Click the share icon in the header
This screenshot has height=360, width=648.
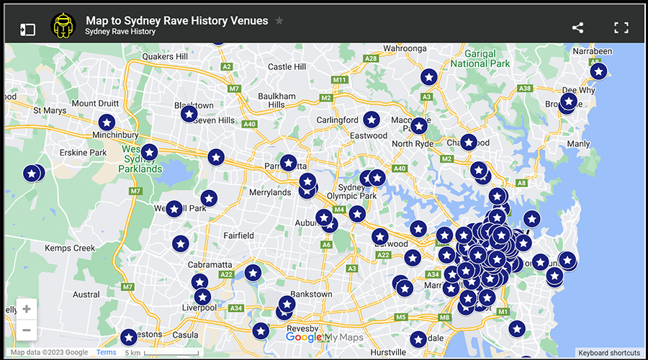(577, 28)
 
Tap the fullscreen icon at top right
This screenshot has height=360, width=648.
(621, 28)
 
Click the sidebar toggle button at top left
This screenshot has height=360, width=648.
(27, 30)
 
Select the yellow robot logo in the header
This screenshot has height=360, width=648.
(63, 27)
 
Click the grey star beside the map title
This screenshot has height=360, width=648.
(279, 21)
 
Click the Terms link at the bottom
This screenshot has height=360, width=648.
(107, 353)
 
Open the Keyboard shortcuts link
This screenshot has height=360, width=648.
(608, 353)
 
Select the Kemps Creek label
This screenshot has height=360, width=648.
(70, 248)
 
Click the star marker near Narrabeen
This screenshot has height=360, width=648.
(598, 71)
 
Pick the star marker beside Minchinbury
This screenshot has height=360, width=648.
(107, 122)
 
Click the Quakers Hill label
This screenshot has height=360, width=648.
(165, 57)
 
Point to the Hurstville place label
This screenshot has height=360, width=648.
(387, 352)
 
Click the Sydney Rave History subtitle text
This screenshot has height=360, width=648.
(120, 32)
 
